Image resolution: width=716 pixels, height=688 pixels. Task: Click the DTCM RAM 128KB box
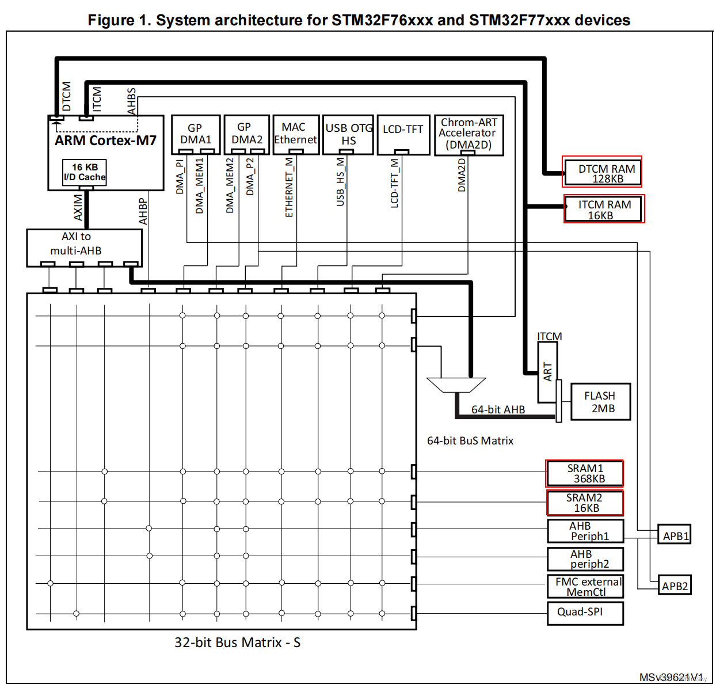(x=602, y=172)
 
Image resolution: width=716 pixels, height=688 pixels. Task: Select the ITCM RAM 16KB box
(x=603, y=209)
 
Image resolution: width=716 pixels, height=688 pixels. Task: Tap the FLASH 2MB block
(x=600, y=402)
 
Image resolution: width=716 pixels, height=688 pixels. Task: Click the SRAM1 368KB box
(x=585, y=473)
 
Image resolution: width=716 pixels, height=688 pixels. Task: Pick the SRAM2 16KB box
(x=585, y=503)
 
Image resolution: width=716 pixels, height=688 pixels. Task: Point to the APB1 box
(x=675, y=535)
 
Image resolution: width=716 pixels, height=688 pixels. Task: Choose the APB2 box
(x=675, y=586)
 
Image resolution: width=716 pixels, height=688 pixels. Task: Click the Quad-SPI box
(x=585, y=612)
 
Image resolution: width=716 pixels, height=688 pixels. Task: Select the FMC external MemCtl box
(x=585, y=587)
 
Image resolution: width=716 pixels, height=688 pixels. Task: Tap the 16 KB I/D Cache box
(x=85, y=172)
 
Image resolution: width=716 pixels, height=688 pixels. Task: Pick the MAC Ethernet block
(x=296, y=134)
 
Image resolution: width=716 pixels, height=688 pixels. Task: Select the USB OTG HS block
(x=348, y=134)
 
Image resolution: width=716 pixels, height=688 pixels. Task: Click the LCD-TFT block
(x=403, y=134)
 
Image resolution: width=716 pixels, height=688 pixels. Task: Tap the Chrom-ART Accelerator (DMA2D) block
(x=469, y=134)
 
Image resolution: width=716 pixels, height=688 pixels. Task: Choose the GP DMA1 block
(x=196, y=134)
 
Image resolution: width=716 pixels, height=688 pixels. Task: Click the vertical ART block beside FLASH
(x=547, y=372)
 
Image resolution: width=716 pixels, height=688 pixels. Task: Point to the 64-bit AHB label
(x=498, y=409)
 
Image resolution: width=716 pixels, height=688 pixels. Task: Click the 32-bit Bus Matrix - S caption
(x=237, y=643)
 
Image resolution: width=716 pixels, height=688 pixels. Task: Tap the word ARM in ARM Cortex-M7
(x=70, y=140)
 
